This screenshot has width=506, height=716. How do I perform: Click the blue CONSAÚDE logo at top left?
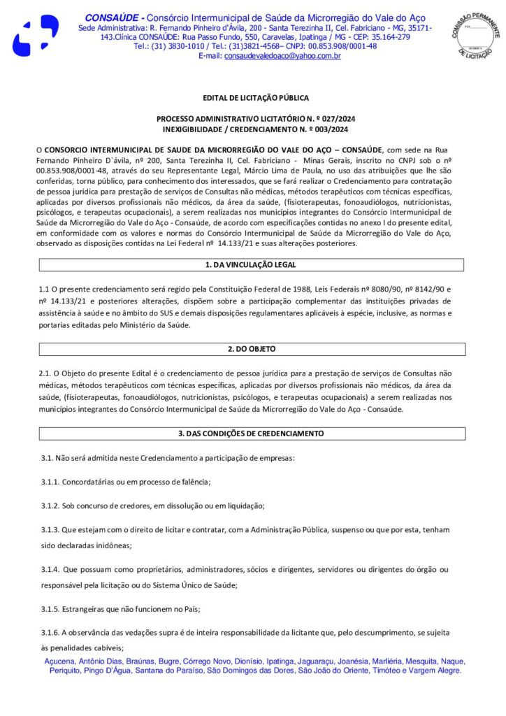coord(35,34)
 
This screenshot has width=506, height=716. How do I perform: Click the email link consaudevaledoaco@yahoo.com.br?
coord(282,56)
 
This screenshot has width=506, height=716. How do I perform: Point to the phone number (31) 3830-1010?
coord(174,46)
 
